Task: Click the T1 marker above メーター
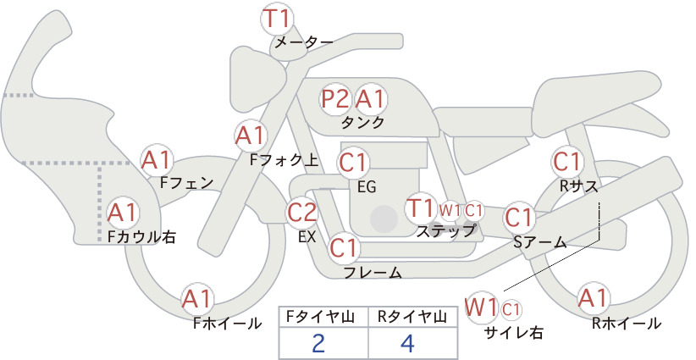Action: coord(277,19)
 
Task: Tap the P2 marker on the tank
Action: coord(335,99)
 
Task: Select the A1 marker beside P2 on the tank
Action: coord(370,99)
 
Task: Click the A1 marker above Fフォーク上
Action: coord(251,136)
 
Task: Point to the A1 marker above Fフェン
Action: coord(156,160)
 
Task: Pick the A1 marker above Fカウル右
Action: coord(122,213)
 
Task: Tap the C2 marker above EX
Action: coord(301,213)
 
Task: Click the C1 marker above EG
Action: coord(353,163)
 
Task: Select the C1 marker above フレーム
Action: coord(343,247)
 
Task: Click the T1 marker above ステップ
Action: coord(420,208)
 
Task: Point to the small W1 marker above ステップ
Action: coord(450,210)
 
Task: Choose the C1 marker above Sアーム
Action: coord(518,218)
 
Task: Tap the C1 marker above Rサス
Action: coord(566,162)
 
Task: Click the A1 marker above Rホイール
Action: coord(593,298)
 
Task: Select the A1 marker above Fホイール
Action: coord(196,300)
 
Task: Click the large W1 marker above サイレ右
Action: coord(480,307)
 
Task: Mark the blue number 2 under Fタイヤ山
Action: coord(318,343)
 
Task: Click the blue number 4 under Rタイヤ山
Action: coord(407,343)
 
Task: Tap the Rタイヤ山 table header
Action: coord(412,317)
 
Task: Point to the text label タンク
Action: coord(362,123)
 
